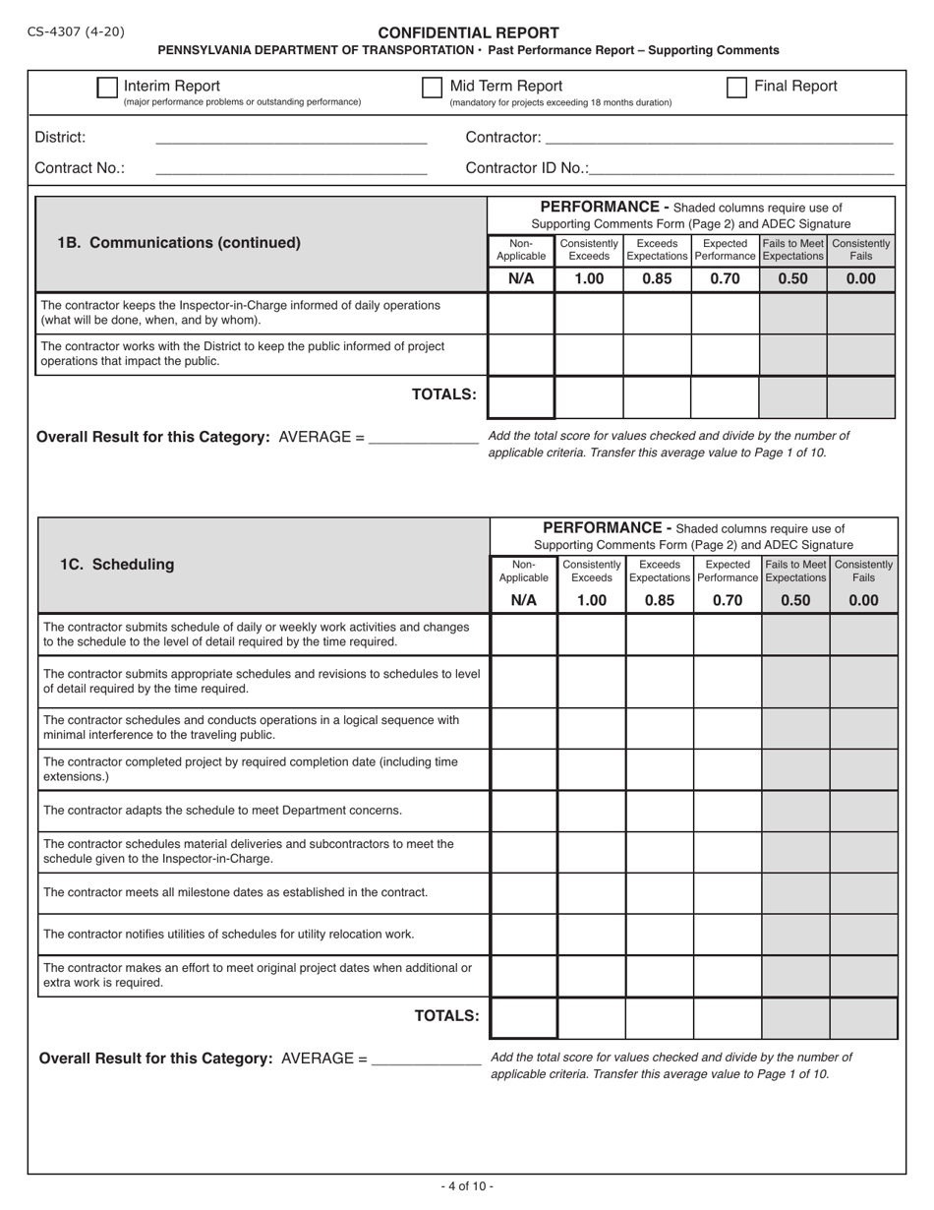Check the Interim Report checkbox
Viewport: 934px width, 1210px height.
click(107, 88)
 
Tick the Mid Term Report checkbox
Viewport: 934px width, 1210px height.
click(432, 88)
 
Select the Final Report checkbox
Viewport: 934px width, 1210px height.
click(736, 88)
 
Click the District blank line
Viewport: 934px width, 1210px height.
click(291, 139)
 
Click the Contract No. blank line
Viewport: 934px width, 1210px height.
click(291, 169)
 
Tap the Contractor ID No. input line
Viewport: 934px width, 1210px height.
click(741, 169)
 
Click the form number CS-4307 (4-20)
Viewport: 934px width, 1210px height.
click(76, 31)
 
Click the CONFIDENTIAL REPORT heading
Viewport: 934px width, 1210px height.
click(469, 32)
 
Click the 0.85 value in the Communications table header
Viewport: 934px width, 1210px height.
click(657, 278)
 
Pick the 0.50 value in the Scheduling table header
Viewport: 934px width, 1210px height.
click(795, 600)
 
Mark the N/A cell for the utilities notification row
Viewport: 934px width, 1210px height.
click(524, 935)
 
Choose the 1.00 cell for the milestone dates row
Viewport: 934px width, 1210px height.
click(592, 893)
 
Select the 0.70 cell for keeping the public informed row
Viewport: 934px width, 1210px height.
click(725, 355)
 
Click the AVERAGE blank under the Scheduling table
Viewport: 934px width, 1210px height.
click(427, 1059)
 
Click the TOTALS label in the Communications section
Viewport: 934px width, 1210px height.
click(443, 394)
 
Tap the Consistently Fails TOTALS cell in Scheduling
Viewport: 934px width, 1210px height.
click(863, 1018)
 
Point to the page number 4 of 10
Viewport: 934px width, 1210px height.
click(467, 1186)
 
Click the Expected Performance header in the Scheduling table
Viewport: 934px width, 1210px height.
click(728, 572)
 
